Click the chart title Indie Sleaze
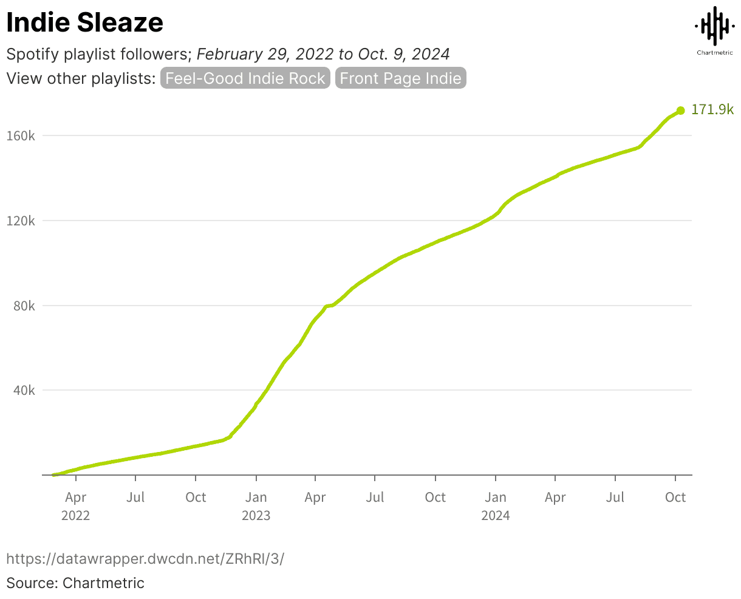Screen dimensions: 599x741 [84, 22]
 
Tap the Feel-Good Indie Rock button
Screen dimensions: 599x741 [245, 78]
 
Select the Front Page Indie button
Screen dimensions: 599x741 [400, 78]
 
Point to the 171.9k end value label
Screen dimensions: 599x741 [712, 110]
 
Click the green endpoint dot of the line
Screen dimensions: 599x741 [681, 111]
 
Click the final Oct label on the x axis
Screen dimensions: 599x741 [675, 498]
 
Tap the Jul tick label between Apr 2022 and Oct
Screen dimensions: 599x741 [135, 498]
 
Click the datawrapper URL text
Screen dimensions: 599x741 [145, 558]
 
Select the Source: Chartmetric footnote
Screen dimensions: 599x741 [75, 583]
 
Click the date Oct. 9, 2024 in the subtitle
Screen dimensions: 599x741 [403, 54]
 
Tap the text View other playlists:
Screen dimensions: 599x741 [81, 78]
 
